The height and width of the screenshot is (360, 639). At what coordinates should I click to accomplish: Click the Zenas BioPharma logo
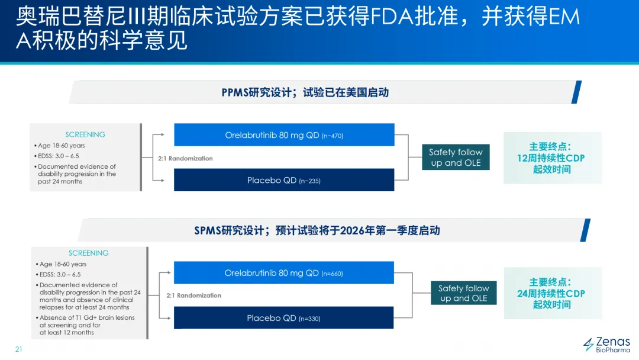[606, 345]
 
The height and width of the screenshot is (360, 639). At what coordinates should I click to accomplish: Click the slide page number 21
[18, 349]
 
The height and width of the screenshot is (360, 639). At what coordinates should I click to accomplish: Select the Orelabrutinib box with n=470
[284, 135]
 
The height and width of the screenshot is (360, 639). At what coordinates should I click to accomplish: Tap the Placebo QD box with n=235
[284, 180]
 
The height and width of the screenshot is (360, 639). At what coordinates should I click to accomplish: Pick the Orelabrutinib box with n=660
[284, 273]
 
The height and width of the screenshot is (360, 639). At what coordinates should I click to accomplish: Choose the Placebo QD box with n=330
[284, 318]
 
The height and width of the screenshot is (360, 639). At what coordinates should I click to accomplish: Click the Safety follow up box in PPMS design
[456, 157]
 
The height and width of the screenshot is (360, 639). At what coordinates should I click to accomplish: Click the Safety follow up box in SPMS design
[463, 293]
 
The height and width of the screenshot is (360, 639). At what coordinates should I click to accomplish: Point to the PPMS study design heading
[305, 92]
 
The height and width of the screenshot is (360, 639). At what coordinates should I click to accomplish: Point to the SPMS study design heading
[317, 230]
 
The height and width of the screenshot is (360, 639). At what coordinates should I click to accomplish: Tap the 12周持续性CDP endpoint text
[551, 158]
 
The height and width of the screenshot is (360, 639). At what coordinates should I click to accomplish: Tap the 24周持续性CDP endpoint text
[551, 294]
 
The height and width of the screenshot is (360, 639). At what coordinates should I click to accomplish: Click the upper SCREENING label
[85, 134]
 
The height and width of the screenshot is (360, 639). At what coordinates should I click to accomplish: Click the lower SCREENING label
[89, 253]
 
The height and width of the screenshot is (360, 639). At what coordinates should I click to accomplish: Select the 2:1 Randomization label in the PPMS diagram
[185, 159]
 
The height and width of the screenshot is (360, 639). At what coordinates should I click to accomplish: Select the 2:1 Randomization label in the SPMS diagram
[193, 295]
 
